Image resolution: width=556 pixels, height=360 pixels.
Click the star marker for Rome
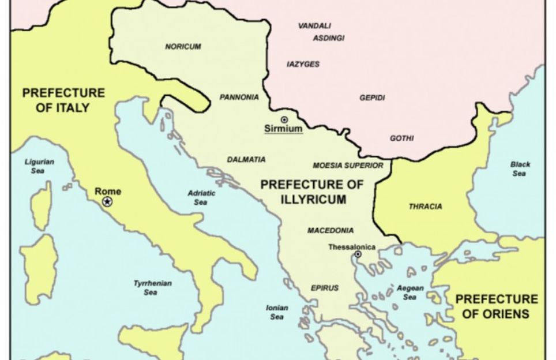(107, 201)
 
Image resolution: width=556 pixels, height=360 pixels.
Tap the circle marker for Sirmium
(284, 119)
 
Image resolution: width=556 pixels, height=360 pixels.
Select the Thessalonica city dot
(358, 254)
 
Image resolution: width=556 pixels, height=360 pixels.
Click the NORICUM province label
(183, 47)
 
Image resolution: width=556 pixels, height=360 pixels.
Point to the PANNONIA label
(239, 97)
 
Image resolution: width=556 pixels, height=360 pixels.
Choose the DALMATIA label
(246, 160)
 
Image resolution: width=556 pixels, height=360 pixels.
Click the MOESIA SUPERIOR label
(348, 166)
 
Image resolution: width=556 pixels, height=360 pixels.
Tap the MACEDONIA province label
(330, 231)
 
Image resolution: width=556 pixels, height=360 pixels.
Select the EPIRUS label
(325, 288)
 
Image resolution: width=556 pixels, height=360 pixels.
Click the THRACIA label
(425, 207)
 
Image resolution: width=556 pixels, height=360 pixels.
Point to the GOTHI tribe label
(401, 138)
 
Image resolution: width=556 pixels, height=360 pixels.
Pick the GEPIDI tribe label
(372, 98)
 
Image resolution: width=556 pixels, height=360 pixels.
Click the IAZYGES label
(303, 65)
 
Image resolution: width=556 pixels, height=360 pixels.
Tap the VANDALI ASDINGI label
(322, 32)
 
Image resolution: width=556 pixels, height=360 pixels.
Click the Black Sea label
(520, 169)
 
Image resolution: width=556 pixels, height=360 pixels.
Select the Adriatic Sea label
(201, 198)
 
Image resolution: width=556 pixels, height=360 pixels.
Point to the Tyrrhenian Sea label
(152, 288)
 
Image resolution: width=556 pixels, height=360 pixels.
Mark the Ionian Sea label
(277, 312)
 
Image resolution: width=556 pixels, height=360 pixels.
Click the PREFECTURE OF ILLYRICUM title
(312, 192)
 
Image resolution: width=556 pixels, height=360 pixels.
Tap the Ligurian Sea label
(39, 166)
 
